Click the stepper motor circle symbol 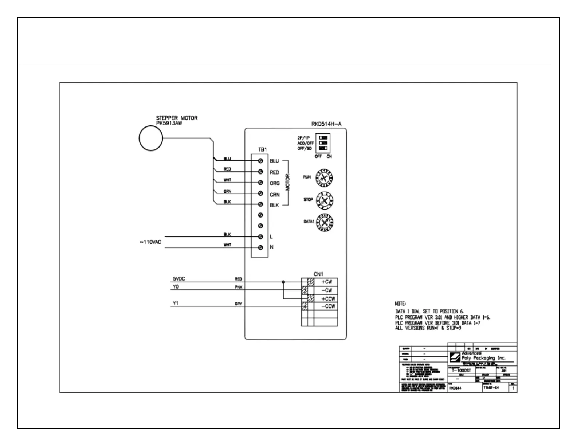click(x=151, y=138)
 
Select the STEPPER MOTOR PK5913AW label click(x=177, y=121)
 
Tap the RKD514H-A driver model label click(x=326, y=124)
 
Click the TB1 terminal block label click(x=262, y=149)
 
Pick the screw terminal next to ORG click(x=260, y=183)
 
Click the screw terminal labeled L click(x=260, y=237)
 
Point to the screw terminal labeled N click(x=260, y=248)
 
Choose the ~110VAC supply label click(x=150, y=242)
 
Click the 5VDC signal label click(x=179, y=279)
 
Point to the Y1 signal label click(x=176, y=303)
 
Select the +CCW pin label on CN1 click(x=328, y=298)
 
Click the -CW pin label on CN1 click(x=327, y=290)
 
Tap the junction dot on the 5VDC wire click(x=283, y=282)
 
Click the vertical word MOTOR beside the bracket click(x=287, y=182)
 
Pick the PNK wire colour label click(x=238, y=287)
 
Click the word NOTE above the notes click(x=400, y=304)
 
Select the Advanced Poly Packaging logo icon click(x=455, y=357)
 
